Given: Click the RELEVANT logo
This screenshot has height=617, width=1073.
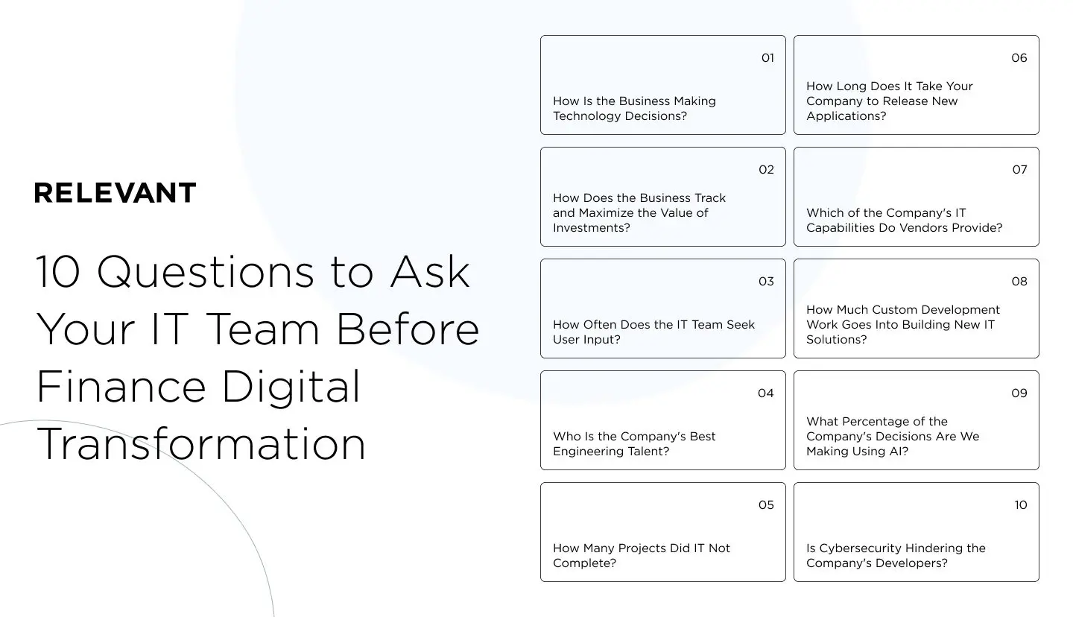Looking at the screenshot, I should [115, 193].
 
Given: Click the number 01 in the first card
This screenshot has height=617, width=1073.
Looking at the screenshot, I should [767, 58].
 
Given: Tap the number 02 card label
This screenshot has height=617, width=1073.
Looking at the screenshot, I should [766, 170].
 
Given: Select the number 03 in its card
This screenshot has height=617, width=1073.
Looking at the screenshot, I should [766, 282].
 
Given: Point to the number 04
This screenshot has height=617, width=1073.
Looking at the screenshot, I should [766, 393].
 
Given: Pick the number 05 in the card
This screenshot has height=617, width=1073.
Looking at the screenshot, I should [766, 505].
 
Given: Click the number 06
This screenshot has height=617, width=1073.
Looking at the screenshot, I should [1019, 58].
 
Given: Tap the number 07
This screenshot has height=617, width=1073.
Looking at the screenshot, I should [1019, 170].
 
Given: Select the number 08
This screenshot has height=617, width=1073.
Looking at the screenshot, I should [1019, 282].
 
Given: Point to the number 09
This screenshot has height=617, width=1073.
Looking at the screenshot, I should [1019, 393].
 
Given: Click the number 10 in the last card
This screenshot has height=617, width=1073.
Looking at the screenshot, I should [1020, 505].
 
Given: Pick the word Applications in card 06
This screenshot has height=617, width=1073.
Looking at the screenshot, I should [843, 116].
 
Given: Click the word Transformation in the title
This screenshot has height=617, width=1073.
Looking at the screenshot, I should [200, 444].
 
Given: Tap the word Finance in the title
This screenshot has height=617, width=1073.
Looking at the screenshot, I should [121, 387].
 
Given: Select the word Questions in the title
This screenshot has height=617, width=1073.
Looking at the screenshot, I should [206, 273].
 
